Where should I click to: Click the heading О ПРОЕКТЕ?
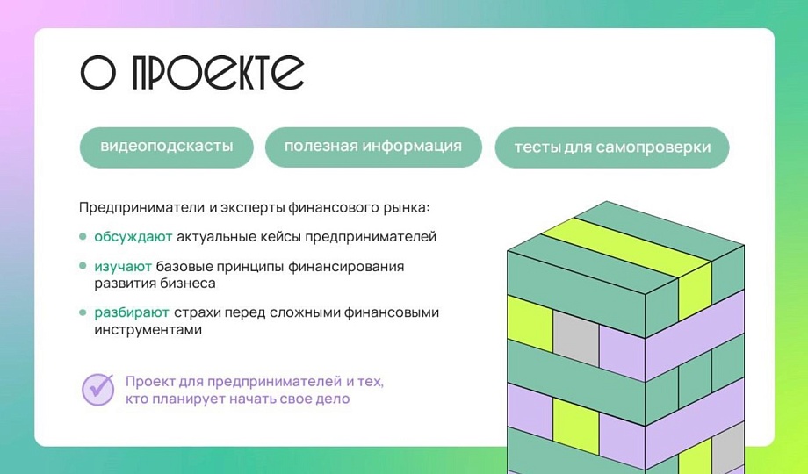191,72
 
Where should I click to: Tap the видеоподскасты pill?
167,147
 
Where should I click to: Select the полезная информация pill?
373,147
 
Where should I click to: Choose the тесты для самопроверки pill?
612,147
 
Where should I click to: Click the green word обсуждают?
133,237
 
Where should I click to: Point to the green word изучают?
123,267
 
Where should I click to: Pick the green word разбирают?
132,312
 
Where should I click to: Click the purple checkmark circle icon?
97,390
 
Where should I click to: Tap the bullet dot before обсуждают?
83,236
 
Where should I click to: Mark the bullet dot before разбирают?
83,312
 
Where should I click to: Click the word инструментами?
148,330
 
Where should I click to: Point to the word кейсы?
285,237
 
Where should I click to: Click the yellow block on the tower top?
628,247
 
